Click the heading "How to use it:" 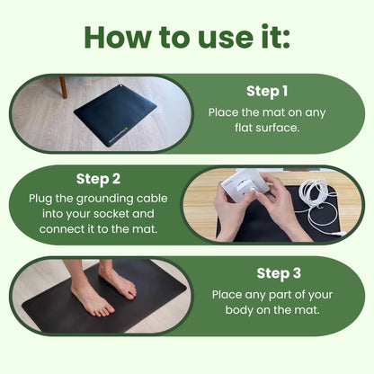tap(187, 37)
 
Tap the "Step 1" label tap(267, 92)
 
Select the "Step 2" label tap(98, 179)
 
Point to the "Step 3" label tap(279, 273)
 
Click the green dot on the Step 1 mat tap(126, 129)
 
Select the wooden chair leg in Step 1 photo tap(63, 87)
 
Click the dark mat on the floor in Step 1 tap(115, 115)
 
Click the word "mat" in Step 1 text tap(272, 113)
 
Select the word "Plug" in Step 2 tap(39, 200)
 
